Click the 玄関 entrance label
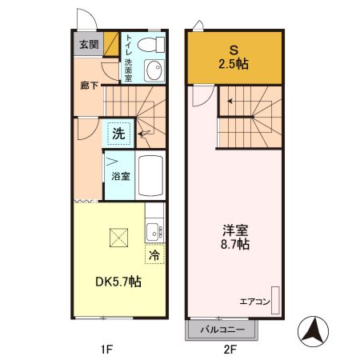point(88,44)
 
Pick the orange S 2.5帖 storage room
point(234,58)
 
